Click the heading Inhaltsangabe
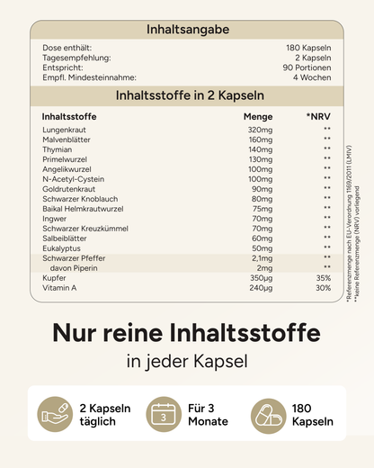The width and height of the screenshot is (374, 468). coord(187,30)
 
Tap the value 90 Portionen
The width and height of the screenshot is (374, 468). coord(314,67)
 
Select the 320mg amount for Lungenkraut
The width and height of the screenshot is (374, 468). coord(260,130)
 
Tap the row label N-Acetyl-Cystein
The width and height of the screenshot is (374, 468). coord(74,179)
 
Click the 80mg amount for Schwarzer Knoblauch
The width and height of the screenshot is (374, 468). coord(262,199)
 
